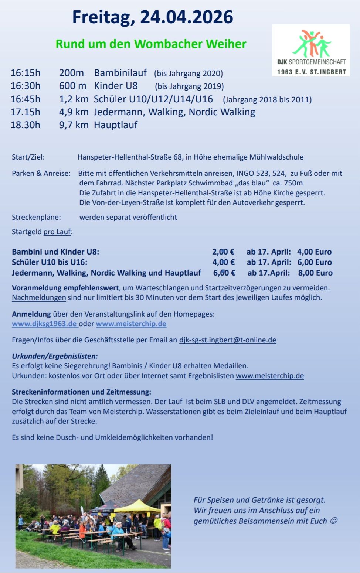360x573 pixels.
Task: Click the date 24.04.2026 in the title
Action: point(186,17)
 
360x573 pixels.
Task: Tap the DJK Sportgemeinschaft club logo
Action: point(311,50)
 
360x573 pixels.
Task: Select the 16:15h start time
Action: point(26,73)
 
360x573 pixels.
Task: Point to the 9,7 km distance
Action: point(74,125)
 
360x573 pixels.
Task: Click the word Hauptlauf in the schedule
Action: point(115,125)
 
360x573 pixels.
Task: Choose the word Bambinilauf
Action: point(120,73)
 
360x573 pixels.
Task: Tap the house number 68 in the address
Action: point(177,157)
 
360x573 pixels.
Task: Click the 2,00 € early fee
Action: point(223,252)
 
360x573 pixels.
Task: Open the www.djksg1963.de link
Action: point(44,324)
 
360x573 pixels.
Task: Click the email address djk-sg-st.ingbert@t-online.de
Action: point(227,340)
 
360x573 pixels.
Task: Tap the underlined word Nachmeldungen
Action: point(39,297)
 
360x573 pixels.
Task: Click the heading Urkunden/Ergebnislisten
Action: point(55,356)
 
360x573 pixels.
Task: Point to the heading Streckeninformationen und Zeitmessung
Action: point(81,392)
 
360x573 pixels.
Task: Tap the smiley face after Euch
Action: point(333,521)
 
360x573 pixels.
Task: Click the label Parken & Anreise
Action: point(41,173)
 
